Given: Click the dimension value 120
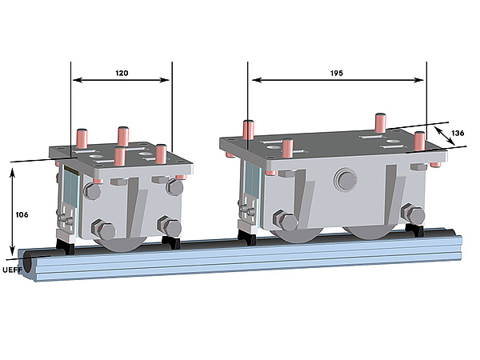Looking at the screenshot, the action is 122,73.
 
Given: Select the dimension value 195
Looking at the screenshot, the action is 337,73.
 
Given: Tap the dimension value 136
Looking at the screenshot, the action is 458,133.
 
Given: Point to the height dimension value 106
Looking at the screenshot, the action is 22,215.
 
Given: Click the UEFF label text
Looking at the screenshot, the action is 12,270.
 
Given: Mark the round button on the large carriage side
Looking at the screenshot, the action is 346,178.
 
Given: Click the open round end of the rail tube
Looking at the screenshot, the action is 27,262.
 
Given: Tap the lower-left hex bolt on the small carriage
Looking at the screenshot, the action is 103,230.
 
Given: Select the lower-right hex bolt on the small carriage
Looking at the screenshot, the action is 170,227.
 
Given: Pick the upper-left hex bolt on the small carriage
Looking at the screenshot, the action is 92,190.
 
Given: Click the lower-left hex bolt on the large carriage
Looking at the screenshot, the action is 286,220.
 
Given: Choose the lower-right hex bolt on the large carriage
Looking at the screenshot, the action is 414,214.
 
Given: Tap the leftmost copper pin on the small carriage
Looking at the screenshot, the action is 82,138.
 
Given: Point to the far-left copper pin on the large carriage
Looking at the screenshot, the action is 249,130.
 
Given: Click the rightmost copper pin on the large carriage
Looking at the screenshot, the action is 419,141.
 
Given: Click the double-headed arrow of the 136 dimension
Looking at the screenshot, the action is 445,136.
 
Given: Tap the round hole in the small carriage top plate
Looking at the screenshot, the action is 96,157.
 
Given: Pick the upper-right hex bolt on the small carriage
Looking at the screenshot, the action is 174,186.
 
